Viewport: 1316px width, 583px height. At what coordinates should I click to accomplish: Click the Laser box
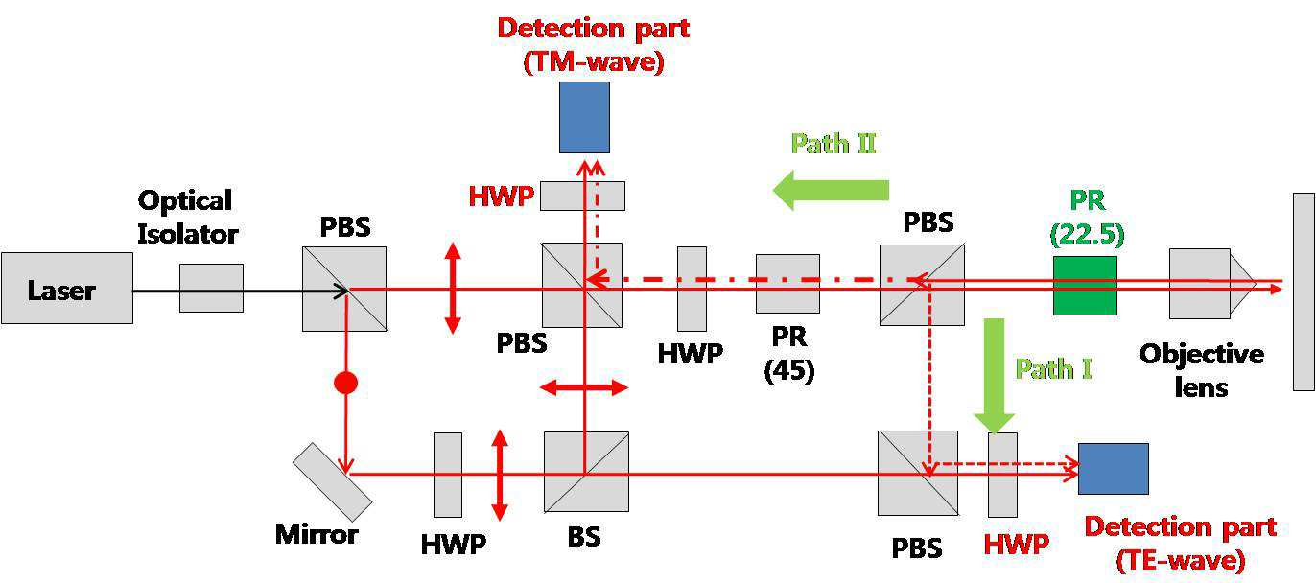[x=67, y=288]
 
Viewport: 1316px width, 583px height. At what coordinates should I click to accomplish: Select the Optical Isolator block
[x=211, y=288]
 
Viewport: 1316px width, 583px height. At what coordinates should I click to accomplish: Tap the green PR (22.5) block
[x=1085, y=286]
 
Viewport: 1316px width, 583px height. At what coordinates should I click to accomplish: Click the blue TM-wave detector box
[x=584, y=117]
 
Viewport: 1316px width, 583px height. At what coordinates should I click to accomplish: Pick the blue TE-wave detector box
[x=1114, y=469]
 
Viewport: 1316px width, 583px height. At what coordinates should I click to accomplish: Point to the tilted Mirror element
[x=332, y=482]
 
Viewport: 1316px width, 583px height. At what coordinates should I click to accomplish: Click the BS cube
[x=586, y=472]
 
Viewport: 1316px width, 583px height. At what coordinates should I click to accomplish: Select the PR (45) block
[x=787, y=284]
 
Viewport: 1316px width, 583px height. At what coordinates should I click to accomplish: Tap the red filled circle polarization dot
[x=345, y=383]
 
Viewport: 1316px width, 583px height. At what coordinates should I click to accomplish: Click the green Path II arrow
[x=831, y=190]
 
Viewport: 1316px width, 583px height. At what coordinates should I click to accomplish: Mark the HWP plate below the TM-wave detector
[x=582, y=197]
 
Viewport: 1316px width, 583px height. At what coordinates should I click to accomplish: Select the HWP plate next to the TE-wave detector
[x=1002, y=475]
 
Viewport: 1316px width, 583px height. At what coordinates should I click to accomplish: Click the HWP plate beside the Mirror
[x=448, y=475]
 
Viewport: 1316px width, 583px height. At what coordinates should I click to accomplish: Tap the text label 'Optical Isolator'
[x=187, y=217]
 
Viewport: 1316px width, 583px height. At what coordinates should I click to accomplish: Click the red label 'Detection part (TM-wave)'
[x=594, y=45]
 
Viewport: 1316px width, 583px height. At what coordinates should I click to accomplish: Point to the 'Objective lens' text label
[x=1202, y=370]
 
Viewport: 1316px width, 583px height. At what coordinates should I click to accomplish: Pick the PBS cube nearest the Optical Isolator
[x=344, y=289]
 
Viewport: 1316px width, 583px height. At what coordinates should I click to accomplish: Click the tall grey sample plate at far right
[x=1304, y=291]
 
